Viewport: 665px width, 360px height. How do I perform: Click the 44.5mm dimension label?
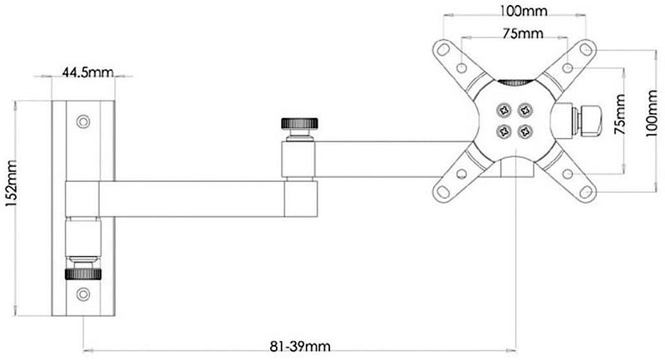point(87,73)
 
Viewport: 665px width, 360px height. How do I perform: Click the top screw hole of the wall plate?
point(82,121)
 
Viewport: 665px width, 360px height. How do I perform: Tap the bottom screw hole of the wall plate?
point(82,293)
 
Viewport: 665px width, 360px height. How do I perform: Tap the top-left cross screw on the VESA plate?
point(503,109)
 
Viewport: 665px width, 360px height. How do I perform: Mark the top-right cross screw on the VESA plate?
point(525,109)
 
